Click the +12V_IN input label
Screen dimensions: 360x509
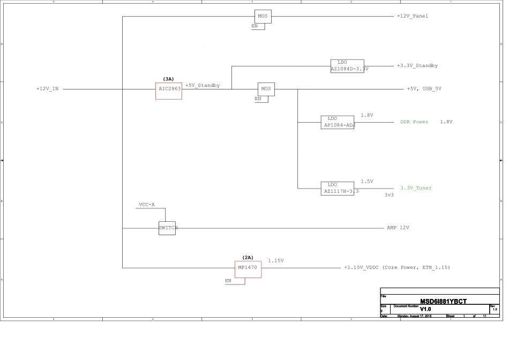click(47, 89)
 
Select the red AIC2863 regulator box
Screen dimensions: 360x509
click(169, 91)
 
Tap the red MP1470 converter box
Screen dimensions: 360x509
click(249, 269)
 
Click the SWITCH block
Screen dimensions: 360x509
click(167, 228)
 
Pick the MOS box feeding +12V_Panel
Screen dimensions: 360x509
click(263, 17)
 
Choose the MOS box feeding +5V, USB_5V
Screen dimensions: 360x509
click(266, 89)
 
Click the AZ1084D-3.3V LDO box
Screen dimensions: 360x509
click(347, 66)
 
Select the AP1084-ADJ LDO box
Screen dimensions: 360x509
click(338, 122)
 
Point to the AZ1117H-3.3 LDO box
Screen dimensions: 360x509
click(338, 188)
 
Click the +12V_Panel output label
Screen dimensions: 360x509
click(412, 16)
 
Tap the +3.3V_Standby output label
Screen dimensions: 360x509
click(417, 66)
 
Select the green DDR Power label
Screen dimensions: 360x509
click(414, 122)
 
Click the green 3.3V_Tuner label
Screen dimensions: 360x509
click(416, 188)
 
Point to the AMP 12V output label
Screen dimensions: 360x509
click(398, 228)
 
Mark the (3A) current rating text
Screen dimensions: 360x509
click(168, 79)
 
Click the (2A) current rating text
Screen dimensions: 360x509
click(248, 258)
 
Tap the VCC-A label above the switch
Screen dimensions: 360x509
click(146, 205)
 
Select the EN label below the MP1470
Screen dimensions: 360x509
click(228, 281)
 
